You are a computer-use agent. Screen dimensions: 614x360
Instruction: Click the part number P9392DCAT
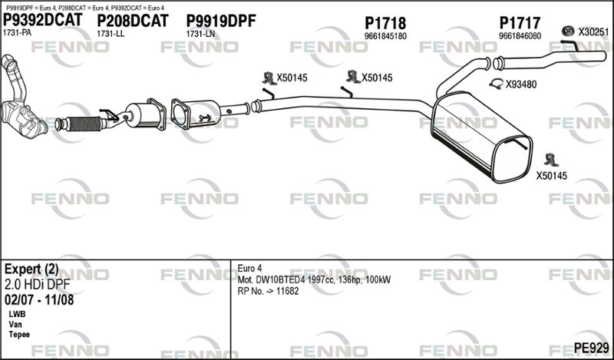point(43,20)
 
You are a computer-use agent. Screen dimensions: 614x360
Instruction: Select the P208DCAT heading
point(132,21)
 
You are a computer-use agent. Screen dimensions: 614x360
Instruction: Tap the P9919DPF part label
point(221,21)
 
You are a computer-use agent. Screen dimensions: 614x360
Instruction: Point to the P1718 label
point(385,23)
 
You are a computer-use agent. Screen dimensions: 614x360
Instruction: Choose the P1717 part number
point(520,23)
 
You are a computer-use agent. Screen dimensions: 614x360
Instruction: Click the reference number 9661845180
point(385,36)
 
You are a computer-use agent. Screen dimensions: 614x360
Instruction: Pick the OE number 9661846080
point(520,36)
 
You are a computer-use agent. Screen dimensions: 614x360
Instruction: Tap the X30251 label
point(593,31)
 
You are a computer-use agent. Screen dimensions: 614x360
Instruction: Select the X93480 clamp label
point(521,84)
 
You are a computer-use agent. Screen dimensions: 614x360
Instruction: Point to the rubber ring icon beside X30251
point(568,30)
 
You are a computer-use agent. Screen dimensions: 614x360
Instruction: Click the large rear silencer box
point(481,137)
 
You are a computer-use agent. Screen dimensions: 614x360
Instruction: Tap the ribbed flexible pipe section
point(84,124)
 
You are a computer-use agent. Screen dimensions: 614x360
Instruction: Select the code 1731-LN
point(200,34)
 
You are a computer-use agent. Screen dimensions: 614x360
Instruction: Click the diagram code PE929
point(591,348)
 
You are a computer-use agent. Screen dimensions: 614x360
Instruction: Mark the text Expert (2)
point(31,269)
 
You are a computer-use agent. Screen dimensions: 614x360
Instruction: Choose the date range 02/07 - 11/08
point(39,300)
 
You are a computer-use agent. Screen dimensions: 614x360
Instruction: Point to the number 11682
point(287,291)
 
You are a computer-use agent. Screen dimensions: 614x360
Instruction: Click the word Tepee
point(19,335)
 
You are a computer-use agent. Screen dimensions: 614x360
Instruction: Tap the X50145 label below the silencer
point(551,176)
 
